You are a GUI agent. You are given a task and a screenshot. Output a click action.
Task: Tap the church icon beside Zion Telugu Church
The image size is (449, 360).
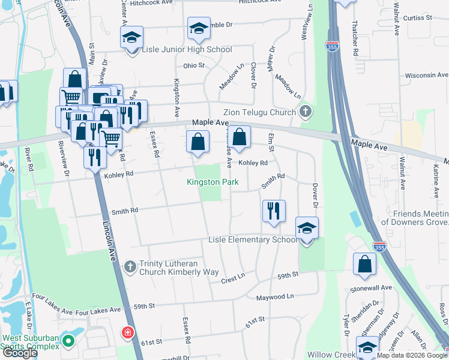(x=306, y=112)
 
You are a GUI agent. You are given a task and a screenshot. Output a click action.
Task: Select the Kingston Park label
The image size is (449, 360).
(x=212, y=182)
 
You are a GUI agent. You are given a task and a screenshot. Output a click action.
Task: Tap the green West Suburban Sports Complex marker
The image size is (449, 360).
(x=68, y=342)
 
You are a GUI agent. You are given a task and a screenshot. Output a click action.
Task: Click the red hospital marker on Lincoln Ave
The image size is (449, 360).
(x=127, y=332)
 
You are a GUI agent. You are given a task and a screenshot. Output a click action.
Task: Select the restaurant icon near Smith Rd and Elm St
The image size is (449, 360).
(x=274, y=211)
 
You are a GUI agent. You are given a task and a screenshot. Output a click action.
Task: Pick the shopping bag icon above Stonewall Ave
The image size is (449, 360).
(x=364, y=264)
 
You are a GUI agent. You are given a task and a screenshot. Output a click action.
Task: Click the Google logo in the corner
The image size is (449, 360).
(x=20, y=353)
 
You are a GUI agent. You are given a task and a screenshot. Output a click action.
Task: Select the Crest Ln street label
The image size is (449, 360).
(x=234, y=279)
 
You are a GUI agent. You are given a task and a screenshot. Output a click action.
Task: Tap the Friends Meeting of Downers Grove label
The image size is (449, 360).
(x=420, y=218)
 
